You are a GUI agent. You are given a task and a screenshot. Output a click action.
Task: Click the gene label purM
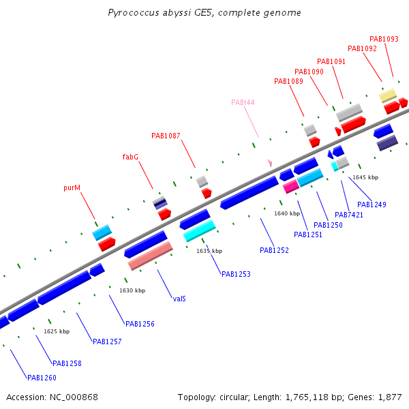click(x=72, y=187)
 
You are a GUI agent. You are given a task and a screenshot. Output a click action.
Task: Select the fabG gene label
click(x=130, y=157)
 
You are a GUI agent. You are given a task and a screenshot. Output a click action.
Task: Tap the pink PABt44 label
click(x=243, y=102)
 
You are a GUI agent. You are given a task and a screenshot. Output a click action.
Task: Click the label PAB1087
click(x=166, y=136)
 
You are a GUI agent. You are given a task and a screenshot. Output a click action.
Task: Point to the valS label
click(x=180, y=299)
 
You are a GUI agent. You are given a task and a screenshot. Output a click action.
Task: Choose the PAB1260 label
click(x=42, y=378)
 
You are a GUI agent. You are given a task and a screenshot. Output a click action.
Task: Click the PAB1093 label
click(x=384, y=40)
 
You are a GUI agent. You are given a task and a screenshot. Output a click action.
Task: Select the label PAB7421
click(x=349, y=215)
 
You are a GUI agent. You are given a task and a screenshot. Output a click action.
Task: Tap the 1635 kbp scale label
click(x=209, y=251)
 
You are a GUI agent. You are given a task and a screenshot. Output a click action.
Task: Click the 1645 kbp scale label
click(x=365, y=177)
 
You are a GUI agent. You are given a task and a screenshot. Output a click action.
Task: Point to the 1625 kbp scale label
click(x=57, y=331)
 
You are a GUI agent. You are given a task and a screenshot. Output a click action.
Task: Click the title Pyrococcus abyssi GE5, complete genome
click(x=204, y=13)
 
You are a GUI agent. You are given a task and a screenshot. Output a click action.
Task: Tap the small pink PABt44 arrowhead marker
click(x=270, y=163)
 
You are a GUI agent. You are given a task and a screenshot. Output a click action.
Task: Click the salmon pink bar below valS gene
click(x=150, y=255)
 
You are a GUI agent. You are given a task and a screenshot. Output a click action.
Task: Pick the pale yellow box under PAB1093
click(x=388, y=95)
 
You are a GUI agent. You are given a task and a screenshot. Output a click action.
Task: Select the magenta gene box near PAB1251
click(x=290, y=186)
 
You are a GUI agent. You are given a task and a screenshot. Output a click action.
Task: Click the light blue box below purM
click(x=102, y=232)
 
